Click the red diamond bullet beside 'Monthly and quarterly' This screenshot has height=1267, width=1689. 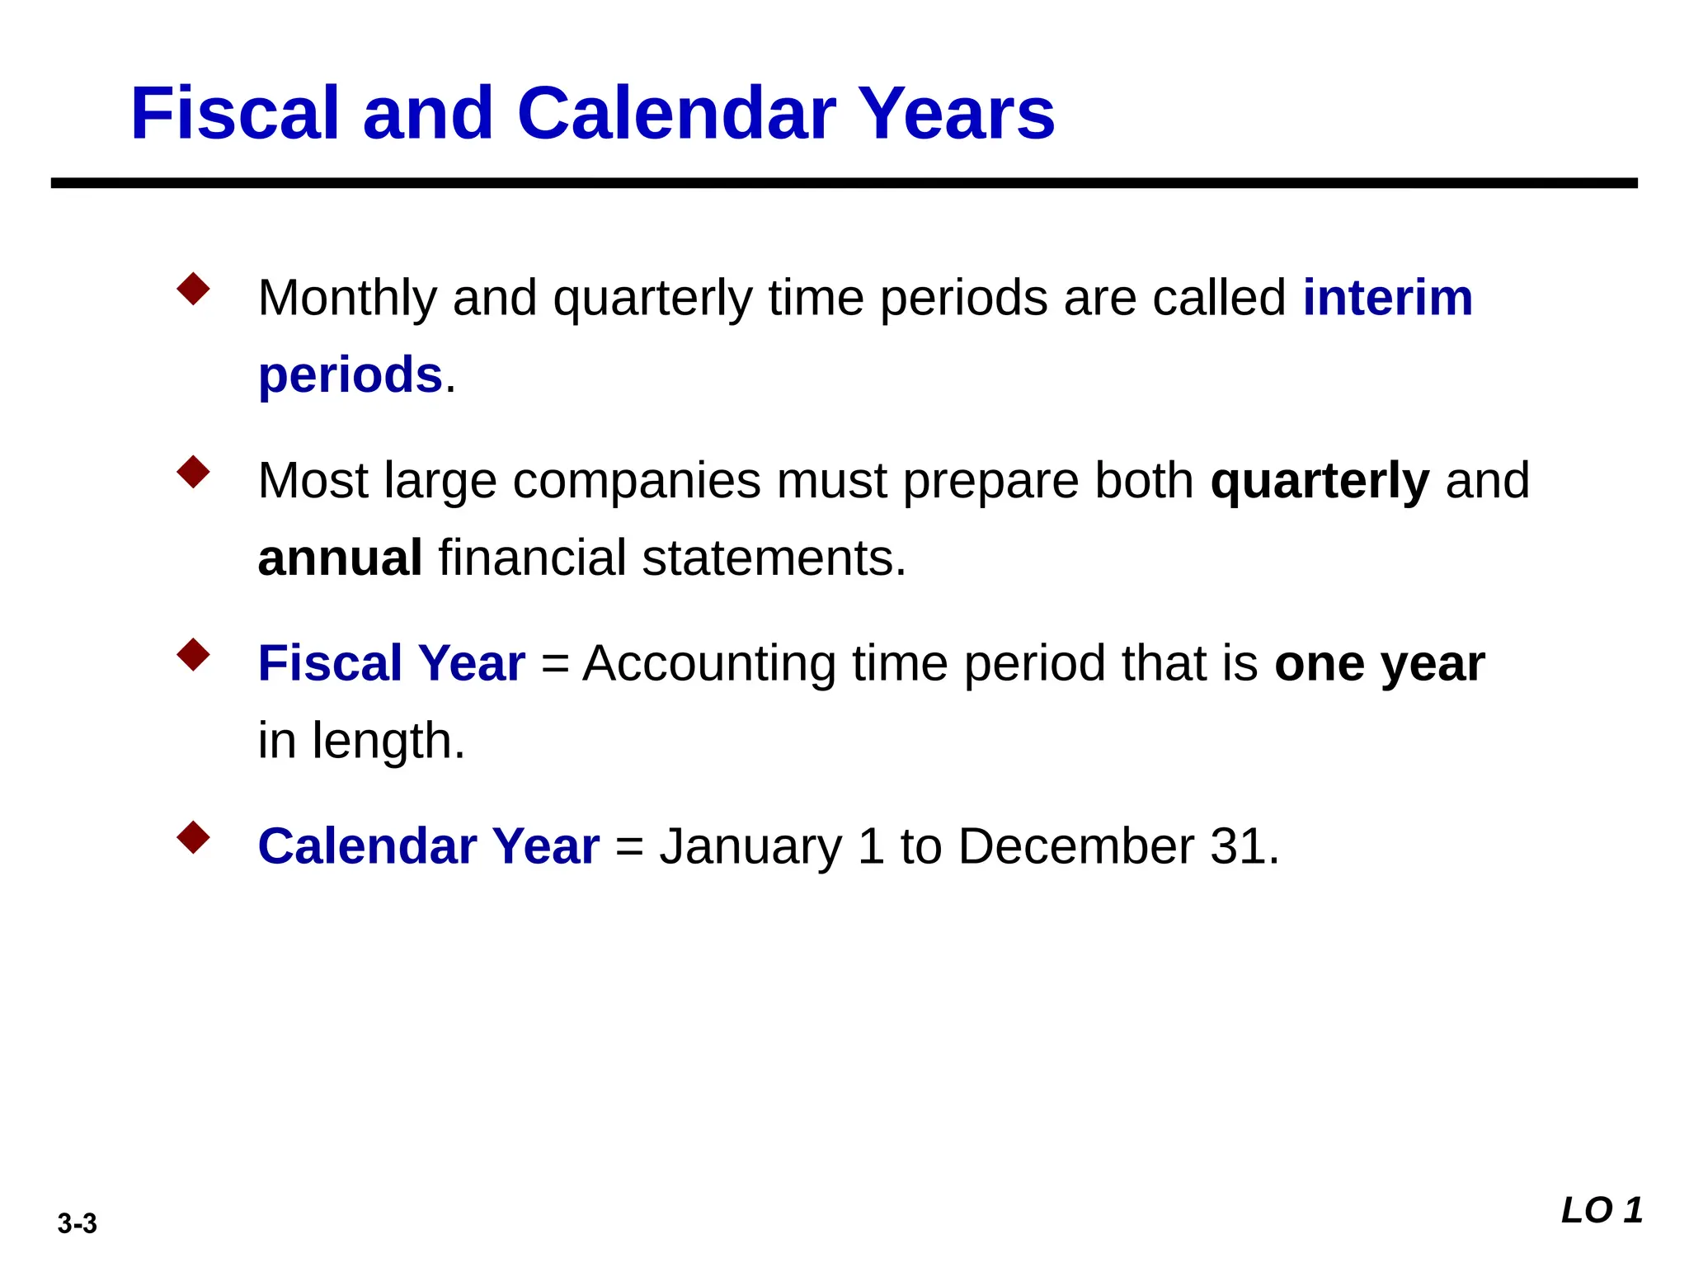click(x=193, y=290)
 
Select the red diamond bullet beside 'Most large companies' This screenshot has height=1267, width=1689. click(x=193, y=473)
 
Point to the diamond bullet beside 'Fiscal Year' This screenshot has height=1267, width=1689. click(x=193, y=656)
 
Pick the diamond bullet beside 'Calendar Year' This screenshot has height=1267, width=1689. click(x=193, y=838)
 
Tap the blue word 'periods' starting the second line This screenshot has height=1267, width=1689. click(x=351, y=375)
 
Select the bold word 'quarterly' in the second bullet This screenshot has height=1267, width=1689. click(x=1320, y=481)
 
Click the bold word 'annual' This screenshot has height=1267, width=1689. click(x=340, y=558)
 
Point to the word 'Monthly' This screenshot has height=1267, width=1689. click(x=347, y=299)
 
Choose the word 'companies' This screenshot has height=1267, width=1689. click(x=637, y=481)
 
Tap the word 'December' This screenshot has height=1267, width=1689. click(x=1076, y=846)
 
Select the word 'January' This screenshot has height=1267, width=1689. click(x=750, y=848)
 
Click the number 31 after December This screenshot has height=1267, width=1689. click(x=1237, y=846)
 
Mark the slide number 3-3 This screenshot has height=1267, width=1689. click(x=78, y=1223)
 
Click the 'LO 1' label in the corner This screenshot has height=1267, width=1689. click(x=1602, y=1211)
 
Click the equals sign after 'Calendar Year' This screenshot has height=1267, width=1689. click(x=629, y=848)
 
